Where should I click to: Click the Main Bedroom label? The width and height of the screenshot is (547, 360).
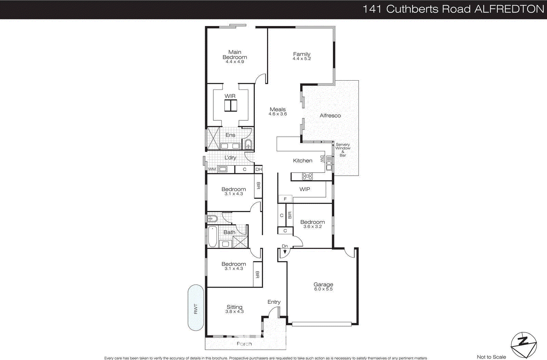pos(235,55)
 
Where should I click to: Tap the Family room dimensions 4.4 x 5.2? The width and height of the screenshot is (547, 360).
pos(302,59)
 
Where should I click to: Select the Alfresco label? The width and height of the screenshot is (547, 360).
pos(330,116)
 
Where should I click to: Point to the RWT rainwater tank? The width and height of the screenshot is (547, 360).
pos(196,308)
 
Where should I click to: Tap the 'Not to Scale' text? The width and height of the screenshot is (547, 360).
pos(491,357)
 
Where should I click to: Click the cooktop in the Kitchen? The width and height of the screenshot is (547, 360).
pos(307,176)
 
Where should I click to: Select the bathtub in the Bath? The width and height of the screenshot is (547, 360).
pos(212,236)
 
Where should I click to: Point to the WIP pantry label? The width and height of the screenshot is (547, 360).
pos(305,189)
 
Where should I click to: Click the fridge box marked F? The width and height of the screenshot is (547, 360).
pos(285,199)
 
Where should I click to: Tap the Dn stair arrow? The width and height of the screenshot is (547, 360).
pos(285,251)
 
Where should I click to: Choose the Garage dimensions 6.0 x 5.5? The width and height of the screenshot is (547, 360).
pos(323,289)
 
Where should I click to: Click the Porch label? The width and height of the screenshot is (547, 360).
pos(244,344)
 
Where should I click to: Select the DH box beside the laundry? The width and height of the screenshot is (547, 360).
pos(259,169)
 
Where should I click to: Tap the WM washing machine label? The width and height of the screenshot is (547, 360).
pos(212,169)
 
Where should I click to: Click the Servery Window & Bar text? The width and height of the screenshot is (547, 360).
pos(343,150)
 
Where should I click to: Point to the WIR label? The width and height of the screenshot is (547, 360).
pos(230,96)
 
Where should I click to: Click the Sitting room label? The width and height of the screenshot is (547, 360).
pos(234,307)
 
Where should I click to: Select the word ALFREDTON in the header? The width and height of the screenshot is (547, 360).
pos(509,9)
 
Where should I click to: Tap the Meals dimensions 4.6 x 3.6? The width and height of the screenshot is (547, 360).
pos(278,114)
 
